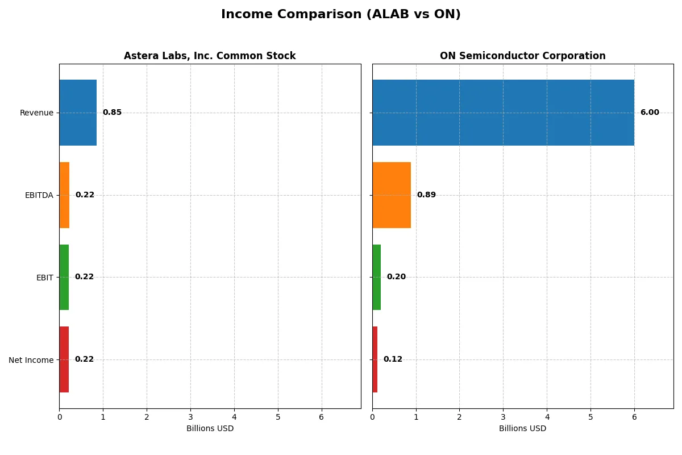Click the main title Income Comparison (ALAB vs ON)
340,15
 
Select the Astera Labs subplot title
210,56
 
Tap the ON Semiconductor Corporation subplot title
522,56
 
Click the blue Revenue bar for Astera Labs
78,113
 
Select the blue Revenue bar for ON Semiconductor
503,113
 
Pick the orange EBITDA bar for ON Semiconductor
392,195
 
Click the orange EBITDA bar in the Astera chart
64,195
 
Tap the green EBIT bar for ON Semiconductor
377,277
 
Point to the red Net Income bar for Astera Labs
64,359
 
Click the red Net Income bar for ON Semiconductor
375,359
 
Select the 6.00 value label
650,113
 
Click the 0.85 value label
112,113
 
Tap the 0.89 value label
426,195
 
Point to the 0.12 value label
393,359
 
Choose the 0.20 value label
396,277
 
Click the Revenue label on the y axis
36,113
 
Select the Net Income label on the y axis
31,360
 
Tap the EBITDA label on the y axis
39,195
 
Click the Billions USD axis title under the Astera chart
210,428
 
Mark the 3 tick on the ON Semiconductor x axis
503,417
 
